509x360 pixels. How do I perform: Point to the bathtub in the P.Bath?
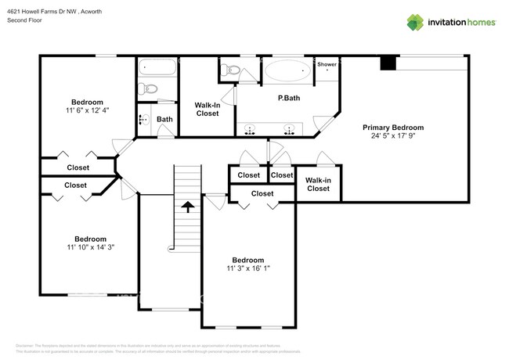pyautogui.click(x=287, y=72)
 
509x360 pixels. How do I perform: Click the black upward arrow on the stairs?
pyautogui.click(x=187, y=206)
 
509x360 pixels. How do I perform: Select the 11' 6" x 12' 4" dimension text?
pyautogui.click(x=87, y=111)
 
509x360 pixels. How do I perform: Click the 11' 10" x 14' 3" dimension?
pyautogui.click(x=90, y=248)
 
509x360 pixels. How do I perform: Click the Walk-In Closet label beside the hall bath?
pyautogui.click(x=207, y=109)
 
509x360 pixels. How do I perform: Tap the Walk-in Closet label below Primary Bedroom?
pyautogui.click(x=318, y=185)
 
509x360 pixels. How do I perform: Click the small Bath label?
pyautogui.click(x=164, y=120)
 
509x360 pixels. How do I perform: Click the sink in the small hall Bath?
pyautogui.click(x=145, y=120)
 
